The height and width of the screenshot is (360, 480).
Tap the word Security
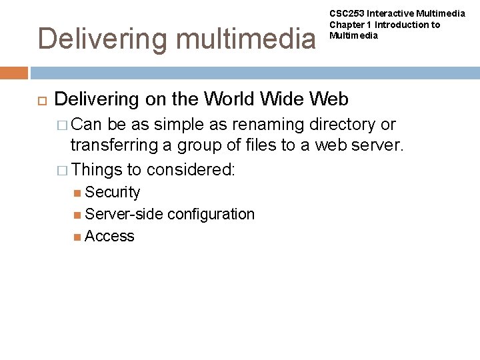pos(113,192)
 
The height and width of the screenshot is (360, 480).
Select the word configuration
pos(211,214)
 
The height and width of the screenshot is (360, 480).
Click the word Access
pos(110,236)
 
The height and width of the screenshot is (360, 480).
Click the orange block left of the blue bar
pos(14,73)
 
